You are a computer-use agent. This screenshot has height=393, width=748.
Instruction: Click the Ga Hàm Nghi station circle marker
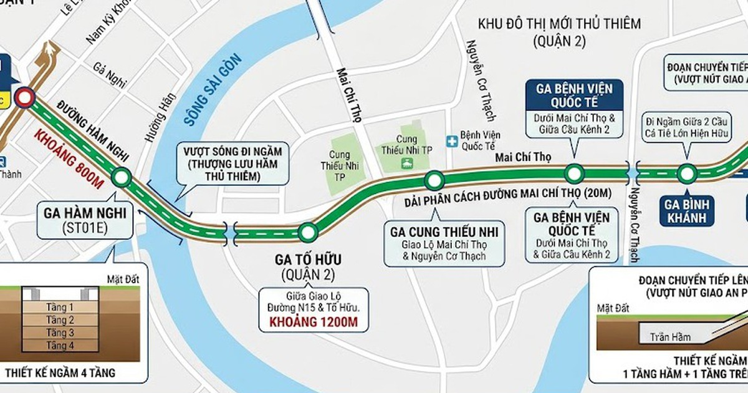(x=122, y=178)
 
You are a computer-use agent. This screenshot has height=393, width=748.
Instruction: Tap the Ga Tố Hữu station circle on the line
(x=307, y=232)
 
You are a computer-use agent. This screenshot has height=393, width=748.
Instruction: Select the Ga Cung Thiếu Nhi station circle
(x=434, y=181)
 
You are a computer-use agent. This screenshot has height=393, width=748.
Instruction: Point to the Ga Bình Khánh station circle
(x=686, y=173)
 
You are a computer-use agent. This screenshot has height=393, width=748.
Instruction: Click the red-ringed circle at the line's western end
(x=26, y=97)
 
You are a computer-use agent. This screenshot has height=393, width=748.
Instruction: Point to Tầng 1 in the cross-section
(x=60, y=307)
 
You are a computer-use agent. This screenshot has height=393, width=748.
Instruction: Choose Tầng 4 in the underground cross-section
(x=60, y=345)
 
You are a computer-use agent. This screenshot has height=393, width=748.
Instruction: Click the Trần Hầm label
(x=671, y=337)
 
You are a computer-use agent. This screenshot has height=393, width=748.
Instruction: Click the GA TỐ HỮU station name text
(x=307, y=259)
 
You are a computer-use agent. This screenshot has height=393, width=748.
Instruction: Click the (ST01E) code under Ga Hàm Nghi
(x=85, y=228)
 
